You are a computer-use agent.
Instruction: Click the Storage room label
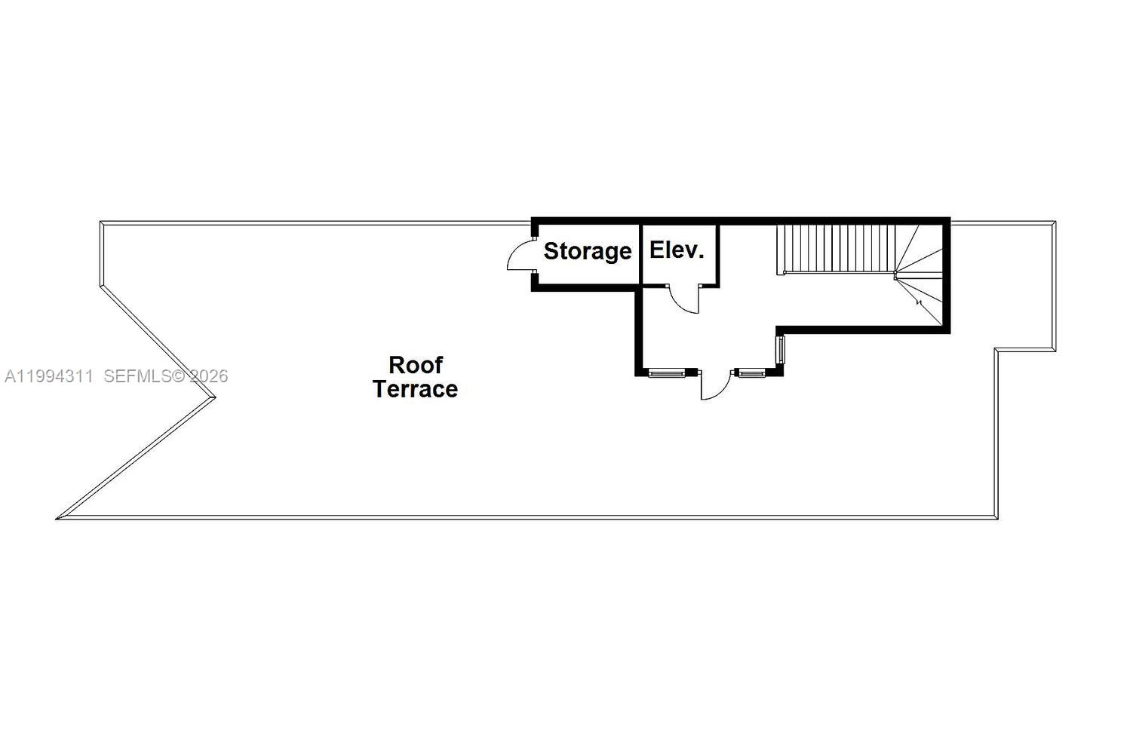pos(587,251)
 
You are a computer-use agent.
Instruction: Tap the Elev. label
pos(677,250)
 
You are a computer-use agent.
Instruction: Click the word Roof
pos(416,365)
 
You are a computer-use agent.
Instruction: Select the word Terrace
pos(416,389)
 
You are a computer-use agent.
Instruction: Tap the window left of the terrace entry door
pos(667,372)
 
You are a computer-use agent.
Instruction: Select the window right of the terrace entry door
pos(751,372)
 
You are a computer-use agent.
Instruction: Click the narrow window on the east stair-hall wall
pos(781,351)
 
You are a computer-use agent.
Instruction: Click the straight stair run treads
pos(836,248)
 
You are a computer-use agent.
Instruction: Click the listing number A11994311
pos(48,376)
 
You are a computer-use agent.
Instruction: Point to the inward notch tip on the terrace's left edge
pos(214,397)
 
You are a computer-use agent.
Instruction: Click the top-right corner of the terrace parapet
pos(1054,223)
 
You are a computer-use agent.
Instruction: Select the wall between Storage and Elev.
pos(640,253)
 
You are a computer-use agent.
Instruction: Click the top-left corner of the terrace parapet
pos(101,223)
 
